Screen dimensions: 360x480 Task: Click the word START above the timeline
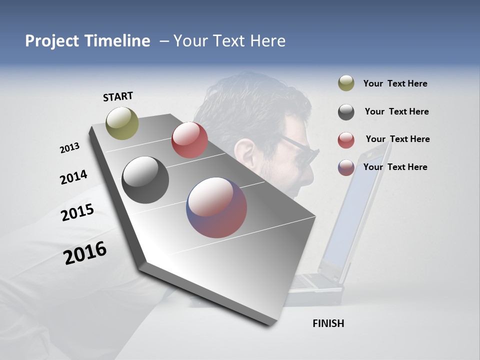118,96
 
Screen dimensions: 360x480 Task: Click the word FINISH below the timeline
328,323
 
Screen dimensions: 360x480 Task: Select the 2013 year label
69,148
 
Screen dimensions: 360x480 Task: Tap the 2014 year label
73,177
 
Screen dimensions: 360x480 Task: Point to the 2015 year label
77,212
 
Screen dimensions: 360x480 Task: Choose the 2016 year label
85,252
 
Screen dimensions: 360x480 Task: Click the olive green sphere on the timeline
122,123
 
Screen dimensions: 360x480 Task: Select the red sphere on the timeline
189,140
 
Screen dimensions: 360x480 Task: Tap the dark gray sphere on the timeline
145,180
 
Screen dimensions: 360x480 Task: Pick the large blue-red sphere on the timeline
216,207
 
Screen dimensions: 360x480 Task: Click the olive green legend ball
346,83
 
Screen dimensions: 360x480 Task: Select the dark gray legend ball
346,112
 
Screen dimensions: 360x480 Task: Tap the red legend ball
346,140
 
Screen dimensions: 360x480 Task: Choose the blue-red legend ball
346,167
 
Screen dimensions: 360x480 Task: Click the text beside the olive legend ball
395,83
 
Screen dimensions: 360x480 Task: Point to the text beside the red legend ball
397,139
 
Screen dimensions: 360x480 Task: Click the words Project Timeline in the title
87,41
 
